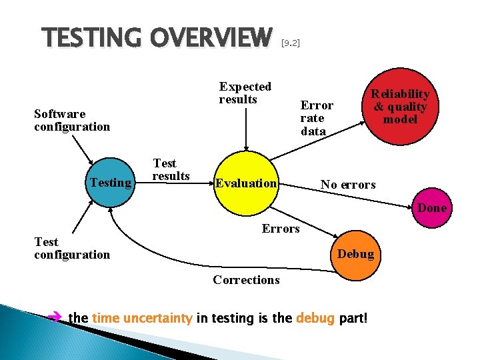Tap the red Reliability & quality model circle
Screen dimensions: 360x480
pyautogui.click(x=400, y=107)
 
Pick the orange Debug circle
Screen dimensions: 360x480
pyautogui.click(x=355, y=254)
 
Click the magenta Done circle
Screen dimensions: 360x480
pyautogui.click(x=432, y=208)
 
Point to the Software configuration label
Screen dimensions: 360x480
pyautogui.click(x=72, y=120)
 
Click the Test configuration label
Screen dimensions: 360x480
pyautogui.click(x=72, y=248)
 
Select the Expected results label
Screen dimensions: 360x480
pyautogui.click(x=245, y=93)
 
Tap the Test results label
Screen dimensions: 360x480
pyautogui.click(x=171, y=169)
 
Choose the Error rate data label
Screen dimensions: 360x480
pyautogui.click(x=317, y=118)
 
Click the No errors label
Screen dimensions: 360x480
pyautogui.click(x=348, y=184)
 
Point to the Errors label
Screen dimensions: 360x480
pyautogui.click(x=281, y=229)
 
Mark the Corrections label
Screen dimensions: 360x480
pyautogui.click(x=246, y=280)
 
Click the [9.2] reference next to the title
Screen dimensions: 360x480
pyautogui.click(x=291, y=43)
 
